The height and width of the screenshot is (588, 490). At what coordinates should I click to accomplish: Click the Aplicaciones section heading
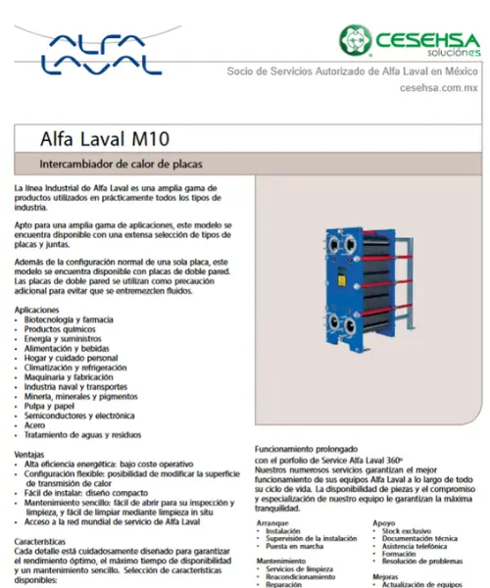tap(44, 309)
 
